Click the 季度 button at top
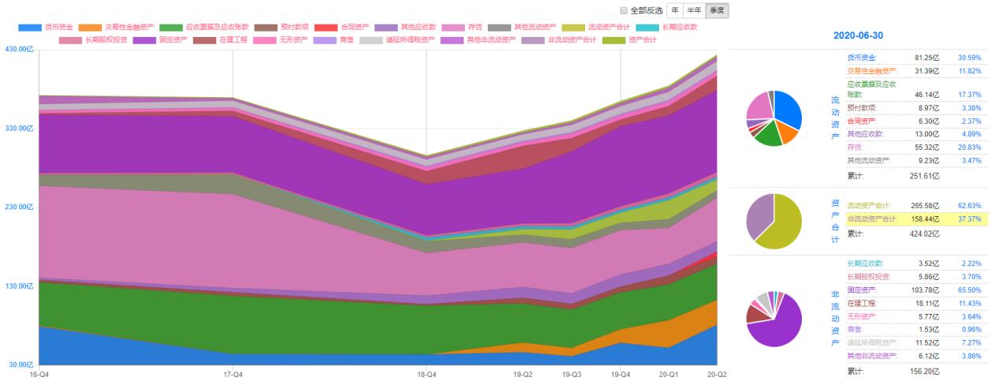click(x=718, y=10)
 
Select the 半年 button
click(x=695, y=10)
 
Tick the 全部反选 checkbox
click(x=624, y=11)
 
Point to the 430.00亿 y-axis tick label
click(x=20, y=50)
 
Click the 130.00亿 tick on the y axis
click(x=20, y=286)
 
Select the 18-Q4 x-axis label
click(x=427, y=374)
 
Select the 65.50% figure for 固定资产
click(x=968, y=290)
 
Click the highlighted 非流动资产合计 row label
click(x=872, y=219)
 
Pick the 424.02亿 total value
click(x=925, y=233)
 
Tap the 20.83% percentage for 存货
click(x=968, y=147)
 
